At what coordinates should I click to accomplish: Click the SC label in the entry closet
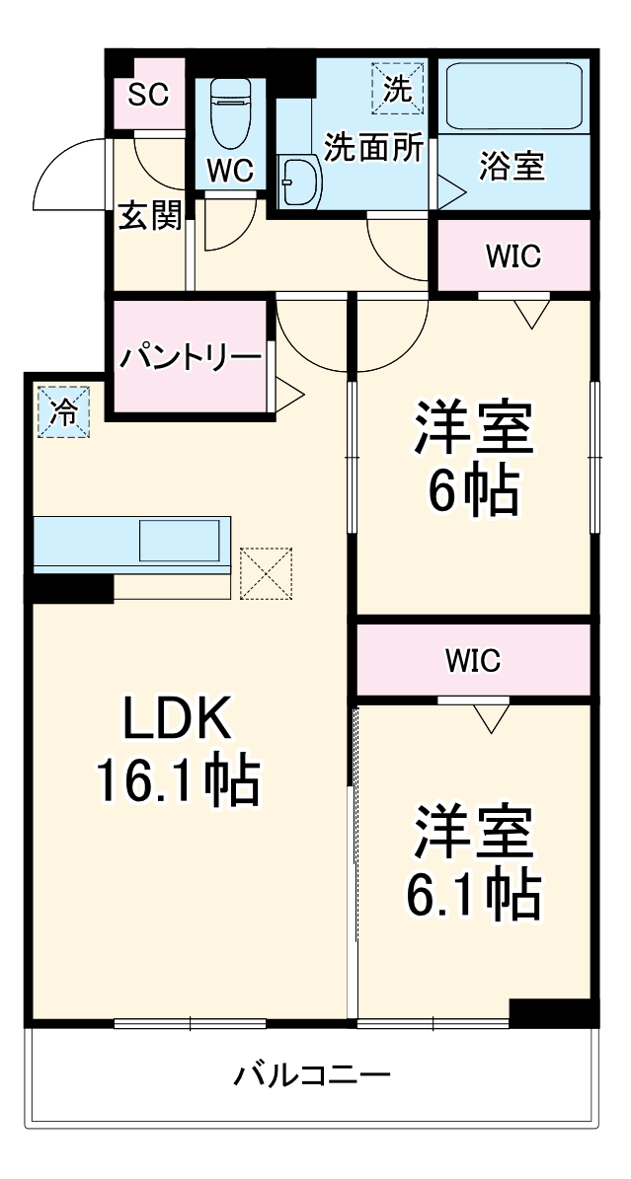click(x=149, y=95)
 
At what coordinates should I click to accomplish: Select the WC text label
click(x=229, y=171)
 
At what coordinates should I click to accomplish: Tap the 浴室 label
click(x=513, y=167)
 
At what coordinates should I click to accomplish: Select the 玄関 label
click(x=150, y=215)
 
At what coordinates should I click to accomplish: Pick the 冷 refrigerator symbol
click(x=63, y=412)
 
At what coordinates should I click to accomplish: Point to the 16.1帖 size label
click(x=178, y=780)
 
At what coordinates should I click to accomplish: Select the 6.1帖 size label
click(x=473, y=893)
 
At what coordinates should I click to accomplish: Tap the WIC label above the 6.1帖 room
click(x=472, y=660)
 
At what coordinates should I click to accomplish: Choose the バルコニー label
click(x=312, y=1073)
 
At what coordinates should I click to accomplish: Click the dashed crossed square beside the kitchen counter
click(x=267, y=573)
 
